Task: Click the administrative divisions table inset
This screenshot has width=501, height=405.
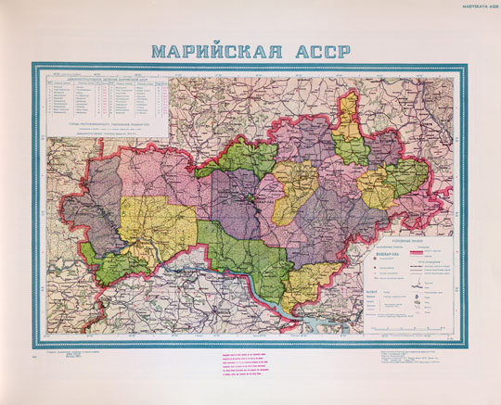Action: pyautogui.click(x=105, y=101)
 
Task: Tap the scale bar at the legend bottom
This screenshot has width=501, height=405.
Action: pyautogui.click(x=413, y=327)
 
